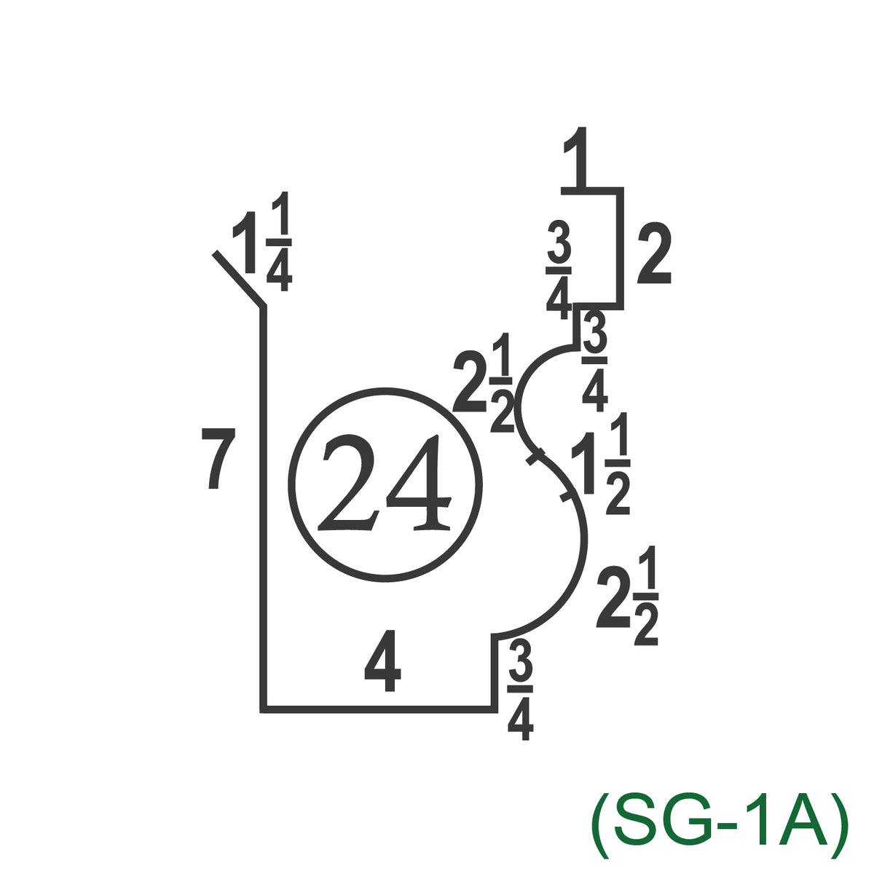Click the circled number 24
(x=385, y=485)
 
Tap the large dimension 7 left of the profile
(x=219, y=459)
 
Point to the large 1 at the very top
(x=574, y=157)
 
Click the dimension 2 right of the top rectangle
(x=654, y=256)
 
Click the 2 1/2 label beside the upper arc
(x=484, y=382)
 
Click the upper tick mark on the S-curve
(x=535, y=456)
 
